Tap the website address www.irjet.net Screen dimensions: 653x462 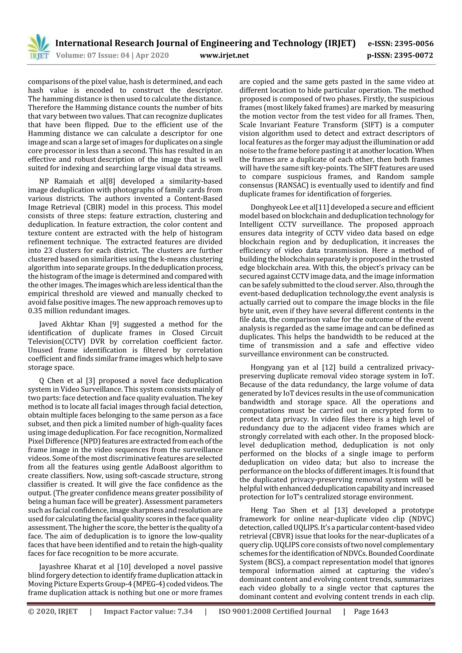224,55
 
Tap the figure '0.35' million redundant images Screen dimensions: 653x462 35,311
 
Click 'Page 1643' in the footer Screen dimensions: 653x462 371,611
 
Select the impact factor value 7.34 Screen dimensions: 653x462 185,611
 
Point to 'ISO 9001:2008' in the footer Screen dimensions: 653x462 244,611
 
